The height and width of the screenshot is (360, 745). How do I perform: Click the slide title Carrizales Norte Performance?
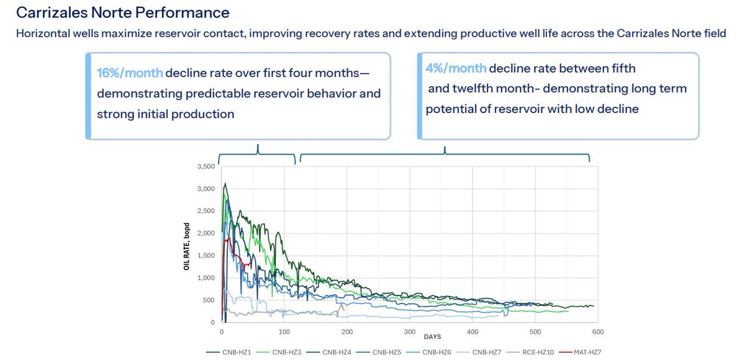[123, 12]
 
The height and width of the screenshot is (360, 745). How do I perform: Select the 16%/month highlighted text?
[130, 73]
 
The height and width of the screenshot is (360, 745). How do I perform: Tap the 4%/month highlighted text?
[456, 68]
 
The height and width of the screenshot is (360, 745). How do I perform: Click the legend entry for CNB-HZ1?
[228, 352]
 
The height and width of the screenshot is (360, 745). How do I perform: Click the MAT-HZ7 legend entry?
[580, 352]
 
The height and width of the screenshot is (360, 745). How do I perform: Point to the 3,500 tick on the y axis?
[206, 166]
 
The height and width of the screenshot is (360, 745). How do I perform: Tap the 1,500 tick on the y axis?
[206, 255]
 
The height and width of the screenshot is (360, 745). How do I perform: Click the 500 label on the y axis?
[208, 300]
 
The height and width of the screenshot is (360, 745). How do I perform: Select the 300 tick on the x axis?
[410, 331]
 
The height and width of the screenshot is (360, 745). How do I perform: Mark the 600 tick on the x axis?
[598, 331]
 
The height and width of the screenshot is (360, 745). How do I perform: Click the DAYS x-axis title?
[432, 337]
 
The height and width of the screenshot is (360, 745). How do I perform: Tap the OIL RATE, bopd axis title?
[187, 246]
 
